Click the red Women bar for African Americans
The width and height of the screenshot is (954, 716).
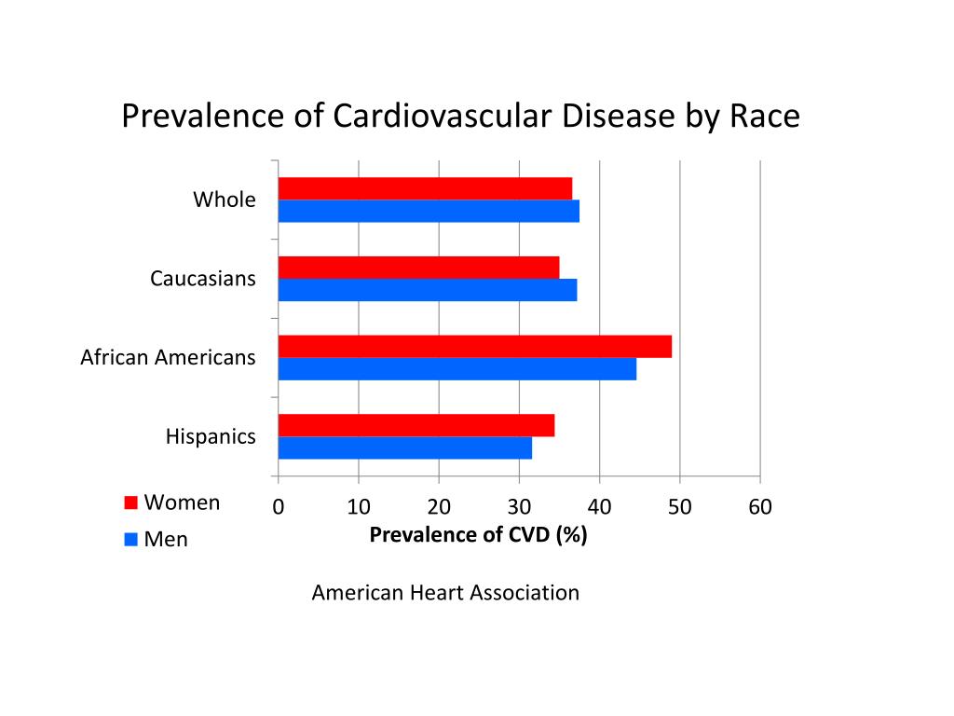[x=474, y=347]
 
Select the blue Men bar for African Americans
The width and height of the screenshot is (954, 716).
[x=457, y=369]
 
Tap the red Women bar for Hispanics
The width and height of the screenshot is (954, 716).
[x=416, y=425]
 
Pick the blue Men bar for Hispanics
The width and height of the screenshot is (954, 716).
[x=404, y=447]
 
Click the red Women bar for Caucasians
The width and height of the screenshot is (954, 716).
[x=418, y=268]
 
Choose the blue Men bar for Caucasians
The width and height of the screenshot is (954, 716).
[x=427, y=290]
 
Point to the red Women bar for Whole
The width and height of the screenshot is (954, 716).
[x=425, y=188]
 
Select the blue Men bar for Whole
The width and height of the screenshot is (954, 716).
[x=429, y=211]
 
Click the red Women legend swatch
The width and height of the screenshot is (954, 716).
[x=131, y=503]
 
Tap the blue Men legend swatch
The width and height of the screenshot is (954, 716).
[x=131, y=539]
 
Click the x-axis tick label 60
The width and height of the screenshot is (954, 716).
[x=759, y=507]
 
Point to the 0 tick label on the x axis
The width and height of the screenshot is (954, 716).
[x=278, y=507]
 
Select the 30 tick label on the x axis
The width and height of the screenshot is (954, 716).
[x=519, y=507]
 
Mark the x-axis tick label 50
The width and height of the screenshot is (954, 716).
[x=679, y=507]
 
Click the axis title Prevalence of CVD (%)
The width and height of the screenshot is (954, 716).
[x=478, y=535]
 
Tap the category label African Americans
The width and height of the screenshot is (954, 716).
[x=168, y=357]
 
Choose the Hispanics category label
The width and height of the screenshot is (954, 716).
[x=211, y=436]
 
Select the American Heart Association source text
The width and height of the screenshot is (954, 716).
[x=445, y=593]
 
